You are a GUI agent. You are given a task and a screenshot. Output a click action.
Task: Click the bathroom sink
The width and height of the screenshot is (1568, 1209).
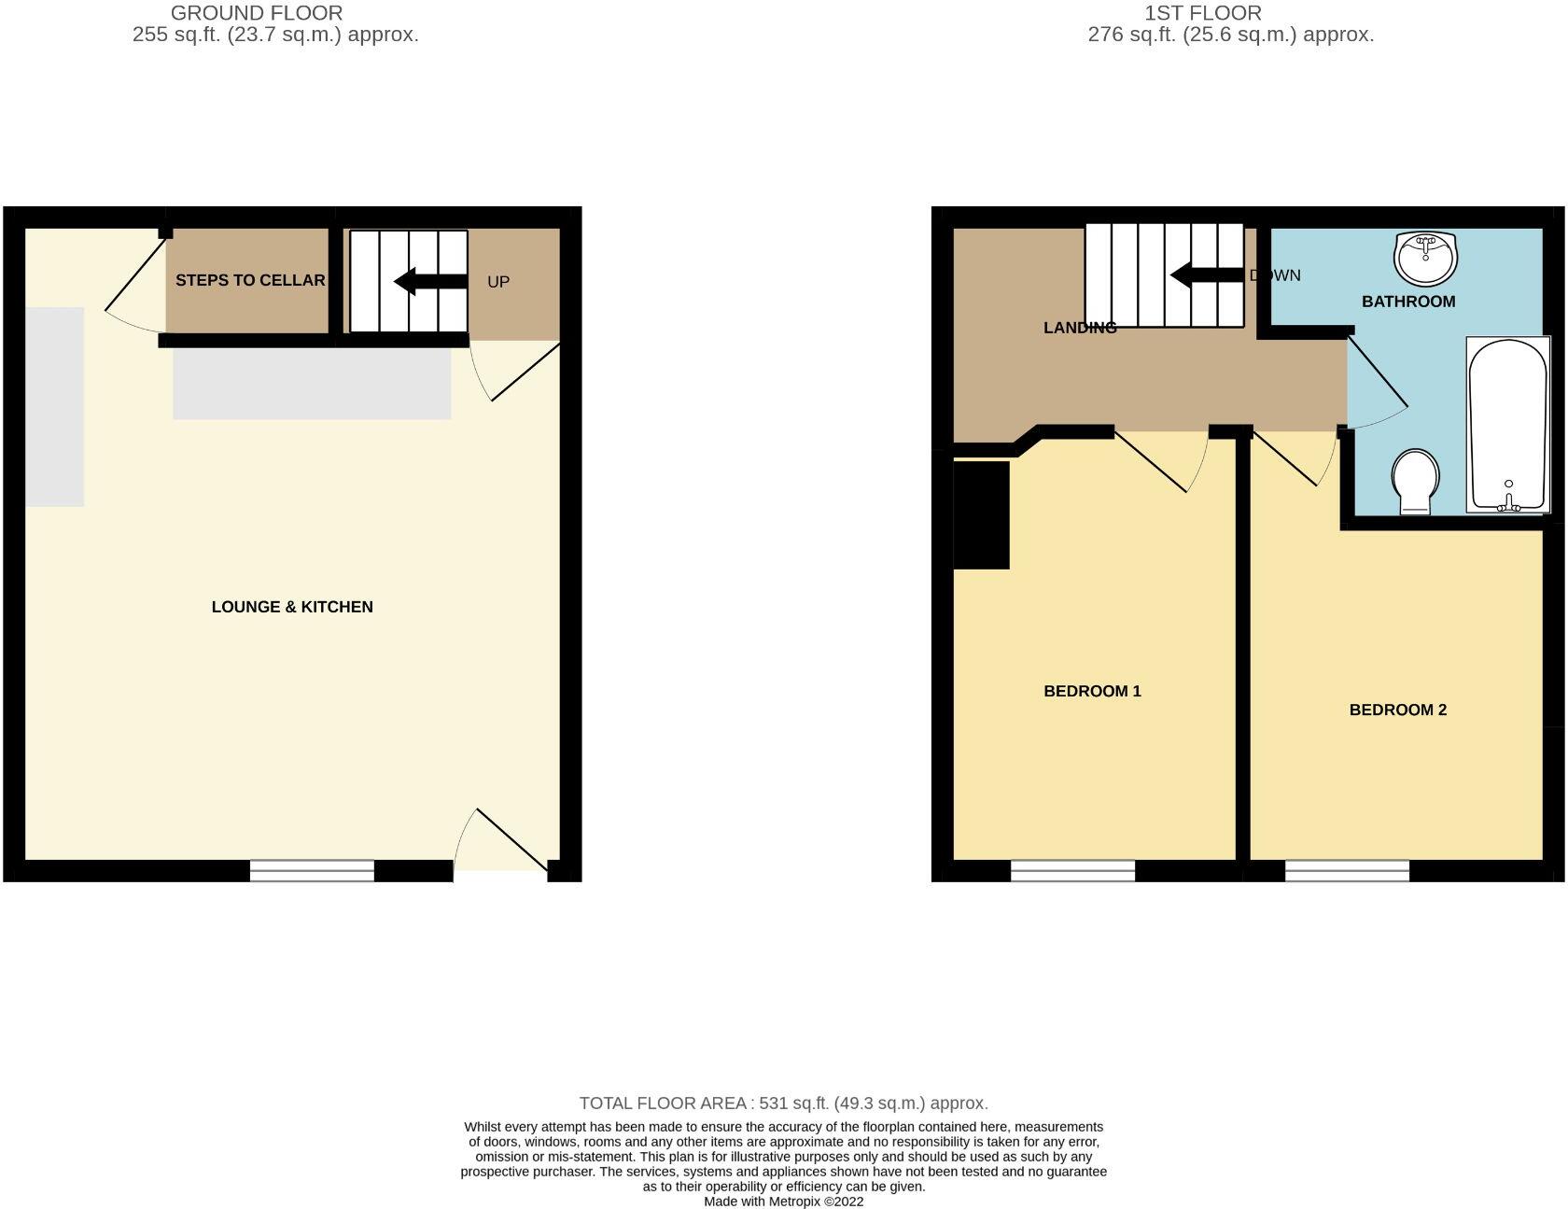coord(1425,257)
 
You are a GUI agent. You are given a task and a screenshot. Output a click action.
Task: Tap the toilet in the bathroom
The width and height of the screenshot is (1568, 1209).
coord(1415,480)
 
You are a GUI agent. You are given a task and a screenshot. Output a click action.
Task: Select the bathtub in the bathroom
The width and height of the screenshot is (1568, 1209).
coord(1507,425)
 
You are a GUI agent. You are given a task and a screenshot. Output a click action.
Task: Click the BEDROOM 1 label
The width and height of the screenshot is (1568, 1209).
coord(1092,692)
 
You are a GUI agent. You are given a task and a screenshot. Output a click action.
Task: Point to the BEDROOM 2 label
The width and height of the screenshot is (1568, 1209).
coord(1397,710)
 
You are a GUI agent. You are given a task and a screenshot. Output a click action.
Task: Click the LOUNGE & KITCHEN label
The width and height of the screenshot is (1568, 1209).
coord(292,607)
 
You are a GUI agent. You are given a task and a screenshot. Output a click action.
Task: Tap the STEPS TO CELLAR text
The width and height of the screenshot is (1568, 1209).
coord(250,280)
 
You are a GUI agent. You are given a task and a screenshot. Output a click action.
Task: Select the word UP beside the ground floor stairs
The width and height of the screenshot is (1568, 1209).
coord(498,282)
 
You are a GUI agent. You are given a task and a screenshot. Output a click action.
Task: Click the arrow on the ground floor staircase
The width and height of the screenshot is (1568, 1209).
coord(429,281)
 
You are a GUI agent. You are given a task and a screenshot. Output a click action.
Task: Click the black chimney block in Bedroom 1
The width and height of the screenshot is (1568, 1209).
coord(981,515)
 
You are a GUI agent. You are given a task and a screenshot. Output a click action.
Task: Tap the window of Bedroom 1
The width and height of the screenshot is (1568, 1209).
coord(1072,871)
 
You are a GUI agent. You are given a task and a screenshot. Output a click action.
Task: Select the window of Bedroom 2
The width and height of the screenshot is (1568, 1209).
coord(1347,871)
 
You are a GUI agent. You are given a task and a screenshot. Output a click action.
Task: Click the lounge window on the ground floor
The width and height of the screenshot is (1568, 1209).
coord(312,871)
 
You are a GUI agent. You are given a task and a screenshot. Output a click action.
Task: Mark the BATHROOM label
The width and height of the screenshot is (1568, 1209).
coord(1408,302)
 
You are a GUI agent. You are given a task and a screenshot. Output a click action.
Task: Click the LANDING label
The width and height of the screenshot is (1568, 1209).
coord(1079,328)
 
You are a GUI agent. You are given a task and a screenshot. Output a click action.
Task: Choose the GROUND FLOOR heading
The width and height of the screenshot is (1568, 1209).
coord(257,13)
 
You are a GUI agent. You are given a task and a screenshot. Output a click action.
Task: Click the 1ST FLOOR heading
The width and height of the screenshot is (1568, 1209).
coord(1203,13)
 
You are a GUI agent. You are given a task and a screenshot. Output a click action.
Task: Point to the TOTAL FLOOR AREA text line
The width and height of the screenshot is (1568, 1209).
coord(783,1104)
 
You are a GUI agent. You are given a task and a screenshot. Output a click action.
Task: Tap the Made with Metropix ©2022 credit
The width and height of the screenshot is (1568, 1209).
coord(783,1202)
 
